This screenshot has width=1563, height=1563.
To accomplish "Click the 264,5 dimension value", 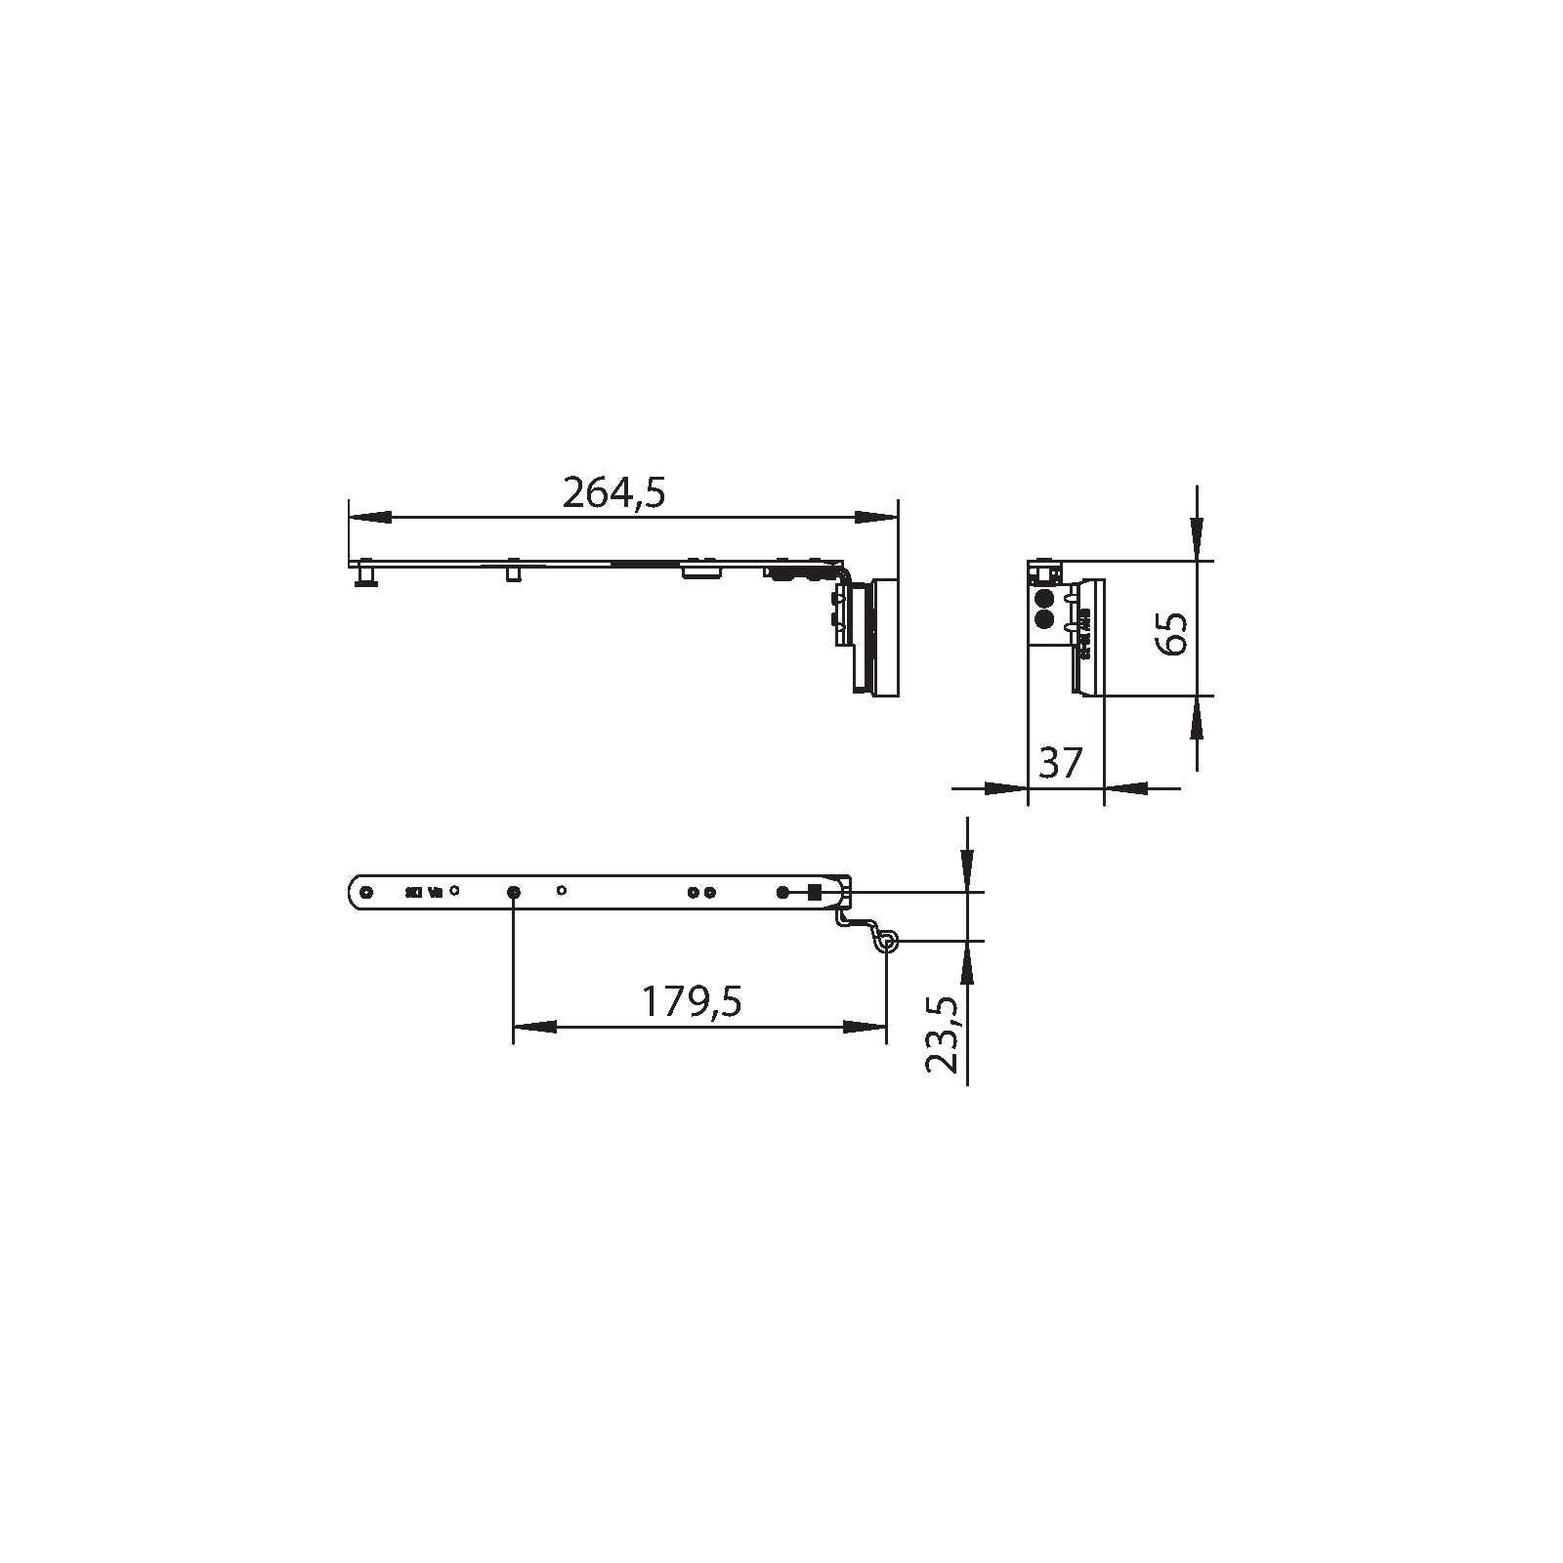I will [613, 493].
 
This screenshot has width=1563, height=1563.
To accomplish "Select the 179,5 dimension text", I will [692, 1001].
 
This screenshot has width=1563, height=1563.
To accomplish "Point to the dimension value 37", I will [1062, 763].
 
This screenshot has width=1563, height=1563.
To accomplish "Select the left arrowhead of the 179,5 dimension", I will [534, 1027].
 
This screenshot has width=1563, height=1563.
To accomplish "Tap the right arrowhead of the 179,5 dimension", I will [866, 1027].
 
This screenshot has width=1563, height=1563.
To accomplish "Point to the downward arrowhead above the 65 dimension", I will [1197, 539].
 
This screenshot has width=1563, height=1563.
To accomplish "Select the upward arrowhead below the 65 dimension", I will [1197, 718].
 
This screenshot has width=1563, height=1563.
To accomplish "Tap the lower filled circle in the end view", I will [1044, 618].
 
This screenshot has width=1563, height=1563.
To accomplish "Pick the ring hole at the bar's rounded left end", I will [366, 892].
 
